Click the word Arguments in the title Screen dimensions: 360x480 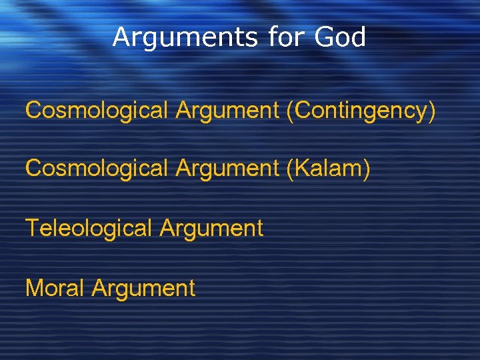183,37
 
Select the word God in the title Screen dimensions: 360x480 341,37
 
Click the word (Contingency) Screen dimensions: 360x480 361,111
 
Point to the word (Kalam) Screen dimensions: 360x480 327,169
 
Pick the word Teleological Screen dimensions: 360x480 89,229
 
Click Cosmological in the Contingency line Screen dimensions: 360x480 96,111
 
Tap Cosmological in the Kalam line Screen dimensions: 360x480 96,169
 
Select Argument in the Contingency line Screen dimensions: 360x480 227,111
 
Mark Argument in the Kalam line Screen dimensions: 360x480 227,169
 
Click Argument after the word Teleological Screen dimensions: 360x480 212,229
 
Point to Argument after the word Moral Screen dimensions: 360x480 144,288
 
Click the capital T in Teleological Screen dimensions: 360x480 32,228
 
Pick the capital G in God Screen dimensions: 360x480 325,37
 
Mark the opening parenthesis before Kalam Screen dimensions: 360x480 288,169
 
